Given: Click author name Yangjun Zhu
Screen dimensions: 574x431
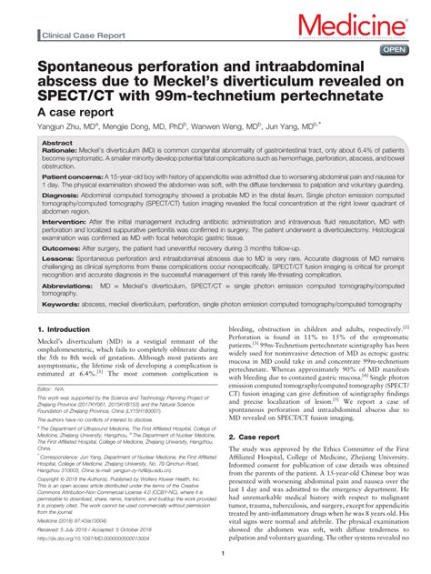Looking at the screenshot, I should pyautogui.click(x=64, y=127).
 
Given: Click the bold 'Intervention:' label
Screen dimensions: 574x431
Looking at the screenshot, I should pyautogui.click(x=65, y=222).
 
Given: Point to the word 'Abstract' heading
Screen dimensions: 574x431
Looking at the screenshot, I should pyautogui.click(x=58, y=144).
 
